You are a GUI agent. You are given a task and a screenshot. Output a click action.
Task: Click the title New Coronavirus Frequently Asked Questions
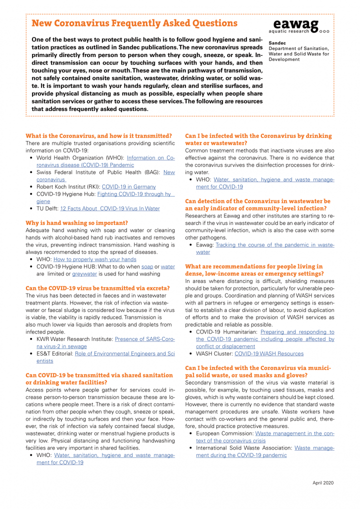134,23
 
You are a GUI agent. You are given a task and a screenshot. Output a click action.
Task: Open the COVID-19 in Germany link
128,186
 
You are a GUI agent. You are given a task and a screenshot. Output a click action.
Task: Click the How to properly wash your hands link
94,259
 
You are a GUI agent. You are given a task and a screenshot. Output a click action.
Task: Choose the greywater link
83,274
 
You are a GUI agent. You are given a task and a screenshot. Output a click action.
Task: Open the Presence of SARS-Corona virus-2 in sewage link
144,339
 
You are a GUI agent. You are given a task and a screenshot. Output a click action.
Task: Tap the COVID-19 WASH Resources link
268,353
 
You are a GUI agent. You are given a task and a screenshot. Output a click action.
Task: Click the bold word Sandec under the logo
277,42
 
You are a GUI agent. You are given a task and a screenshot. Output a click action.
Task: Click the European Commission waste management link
294,433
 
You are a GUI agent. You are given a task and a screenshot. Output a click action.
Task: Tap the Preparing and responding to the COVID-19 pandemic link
297,331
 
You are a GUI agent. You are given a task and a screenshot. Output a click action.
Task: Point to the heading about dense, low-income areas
253,270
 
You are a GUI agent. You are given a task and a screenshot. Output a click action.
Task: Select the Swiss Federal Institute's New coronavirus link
168,172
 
